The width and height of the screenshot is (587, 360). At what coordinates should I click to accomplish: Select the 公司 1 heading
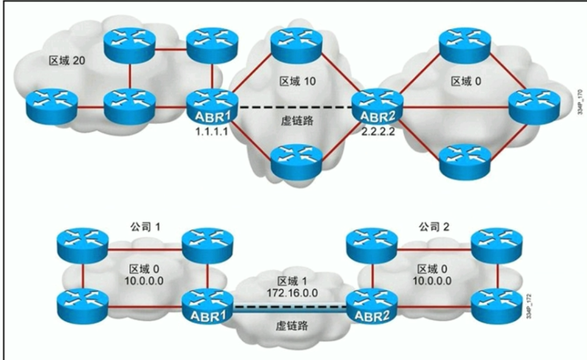144,227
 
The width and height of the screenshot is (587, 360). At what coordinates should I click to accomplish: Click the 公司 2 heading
433,227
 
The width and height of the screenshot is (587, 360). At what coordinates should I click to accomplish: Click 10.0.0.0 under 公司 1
144,281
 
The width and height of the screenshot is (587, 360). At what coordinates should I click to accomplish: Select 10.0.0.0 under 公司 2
432,281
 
